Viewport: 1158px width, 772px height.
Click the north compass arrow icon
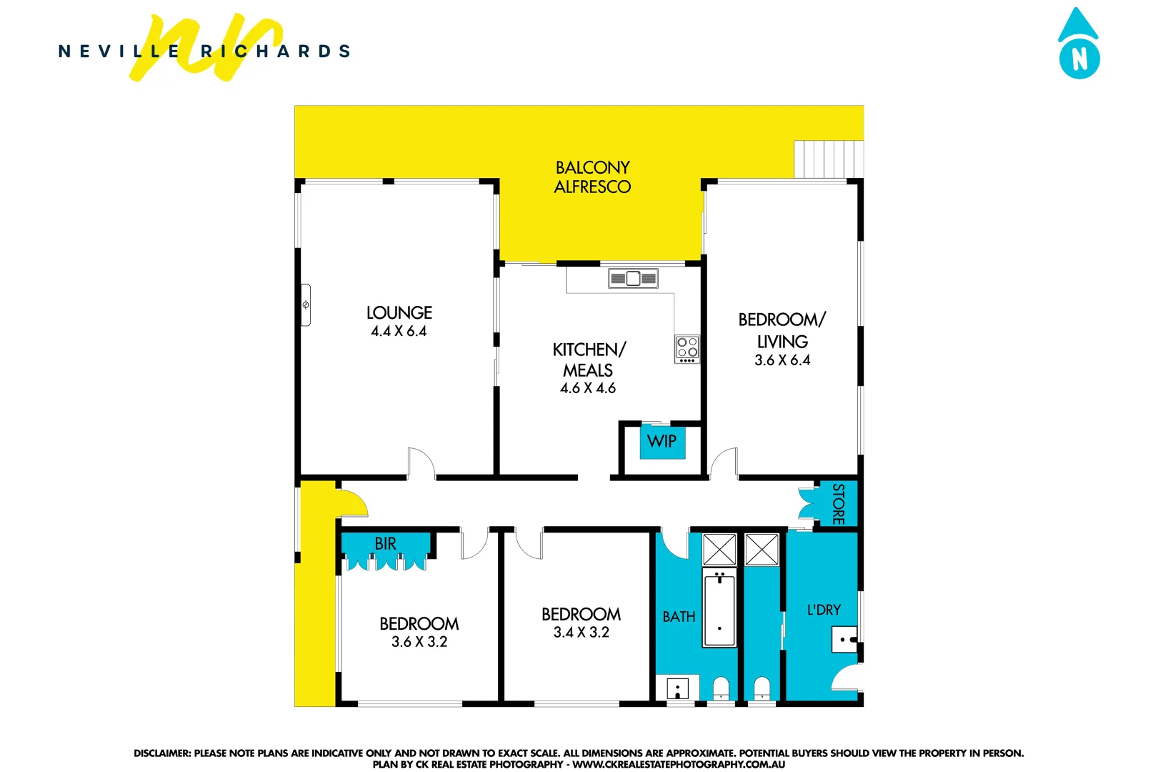pos(1079,45)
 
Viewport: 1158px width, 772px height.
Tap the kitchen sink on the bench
pos(633,278)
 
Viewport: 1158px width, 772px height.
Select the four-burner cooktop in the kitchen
pos(687,349)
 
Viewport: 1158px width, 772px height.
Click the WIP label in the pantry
pos(662,442)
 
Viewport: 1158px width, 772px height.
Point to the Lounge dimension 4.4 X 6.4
pos(399,332)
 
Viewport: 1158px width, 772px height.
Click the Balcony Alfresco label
pos(592,177)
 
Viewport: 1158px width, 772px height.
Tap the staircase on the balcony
pos(828,159)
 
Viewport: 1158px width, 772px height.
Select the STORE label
pos(839,504)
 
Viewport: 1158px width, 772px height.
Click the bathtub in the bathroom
pos(719,609)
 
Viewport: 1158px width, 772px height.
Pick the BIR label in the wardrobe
pos(385,544)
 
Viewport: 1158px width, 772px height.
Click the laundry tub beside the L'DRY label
pos(844,639)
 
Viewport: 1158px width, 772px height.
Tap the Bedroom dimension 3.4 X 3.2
pos(581,633)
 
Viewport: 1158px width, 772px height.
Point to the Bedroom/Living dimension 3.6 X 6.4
pos(782,360)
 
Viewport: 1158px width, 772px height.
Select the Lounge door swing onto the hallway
pos(421,462)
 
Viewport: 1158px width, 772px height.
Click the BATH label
pos(679,617)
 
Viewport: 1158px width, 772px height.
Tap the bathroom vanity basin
pos(677,689)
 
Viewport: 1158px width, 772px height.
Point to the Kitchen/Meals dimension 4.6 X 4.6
pos(587,388)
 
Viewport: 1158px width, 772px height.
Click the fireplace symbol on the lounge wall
pos(306,305)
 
